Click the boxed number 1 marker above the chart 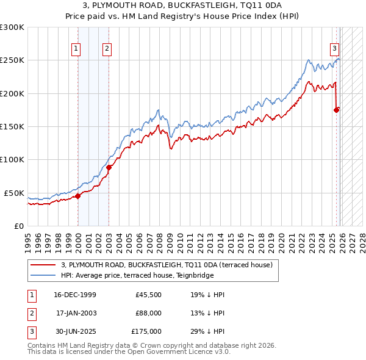click(x=76, y=49)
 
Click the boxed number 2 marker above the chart click(x=107, y=49)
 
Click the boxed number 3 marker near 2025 click(x=335, y=49)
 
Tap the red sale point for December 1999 click(x=77, y=196)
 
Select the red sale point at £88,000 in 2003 click(x=109, y=167)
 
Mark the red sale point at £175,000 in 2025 click(x=336, y=110)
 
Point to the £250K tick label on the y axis click(x=12, y=60)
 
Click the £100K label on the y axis click(x=12, y=159)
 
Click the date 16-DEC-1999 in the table click(x=75, y=295)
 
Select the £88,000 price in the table click(x=148, y=313)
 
